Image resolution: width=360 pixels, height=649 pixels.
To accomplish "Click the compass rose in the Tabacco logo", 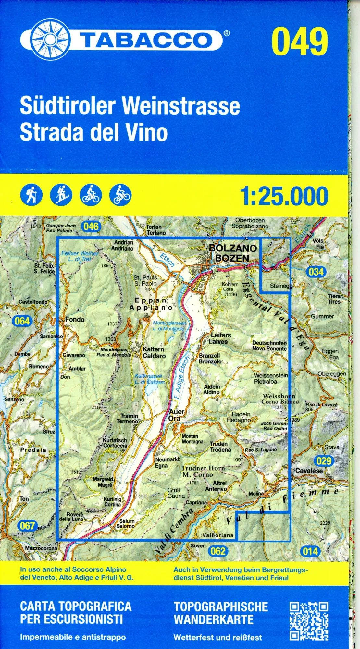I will pyautogui.click(x=50, y=40).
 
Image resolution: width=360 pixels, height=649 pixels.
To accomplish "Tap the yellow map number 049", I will pyautogui.click(x=299, y=42).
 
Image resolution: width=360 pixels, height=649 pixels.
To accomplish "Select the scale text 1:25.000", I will pyautogui.click(x=284, y=196).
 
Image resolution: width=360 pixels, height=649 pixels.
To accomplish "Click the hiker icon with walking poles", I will pyautogui.click(x=31, y=195).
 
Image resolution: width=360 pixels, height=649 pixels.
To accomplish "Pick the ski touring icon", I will pyautogui.click(x=61, y=195).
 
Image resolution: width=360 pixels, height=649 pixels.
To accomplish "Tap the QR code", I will pyautogui.click(x=309, y=621).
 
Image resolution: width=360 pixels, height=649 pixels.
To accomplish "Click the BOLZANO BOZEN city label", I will pyautogui.click(x=233, y=253).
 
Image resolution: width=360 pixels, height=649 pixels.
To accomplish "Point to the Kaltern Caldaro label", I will pyautogui.click(x=154, y=352).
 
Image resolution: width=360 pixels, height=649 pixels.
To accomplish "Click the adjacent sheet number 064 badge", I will pyautogui.click(x=22, y=321).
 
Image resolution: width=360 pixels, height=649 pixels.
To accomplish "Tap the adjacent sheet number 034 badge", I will pyautogui.click(x=316, y=272).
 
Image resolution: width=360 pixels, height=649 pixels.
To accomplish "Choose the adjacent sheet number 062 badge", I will pyautogui.click(x=218, y=551).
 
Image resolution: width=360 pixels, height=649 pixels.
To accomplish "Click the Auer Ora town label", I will pyautogui.click(x=176, y=415).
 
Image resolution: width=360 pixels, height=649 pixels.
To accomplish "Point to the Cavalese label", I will pyautogui.click(x=309, y=471).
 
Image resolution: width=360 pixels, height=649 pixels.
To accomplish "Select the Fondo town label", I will pyautogui.click(x=75, y=319).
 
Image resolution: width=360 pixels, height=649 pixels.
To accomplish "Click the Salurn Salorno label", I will pyautogui.click(x=126, y=523).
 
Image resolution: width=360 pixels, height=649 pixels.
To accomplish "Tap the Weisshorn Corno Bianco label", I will pyautogui.click(x=280, y=399).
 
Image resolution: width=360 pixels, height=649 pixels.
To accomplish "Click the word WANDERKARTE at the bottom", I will pyautogui.click(x=214, y=620).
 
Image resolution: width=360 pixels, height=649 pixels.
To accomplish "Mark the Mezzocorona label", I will pyautogui.click(x=41, y=548).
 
